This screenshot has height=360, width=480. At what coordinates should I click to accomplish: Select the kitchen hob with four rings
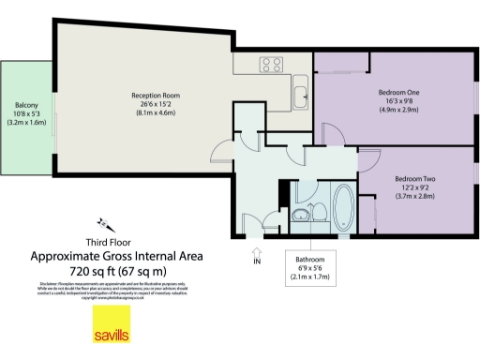click(273, 65)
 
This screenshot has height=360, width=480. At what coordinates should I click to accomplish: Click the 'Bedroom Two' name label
click(416, 178)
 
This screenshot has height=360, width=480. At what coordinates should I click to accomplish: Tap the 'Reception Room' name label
click(155, 95)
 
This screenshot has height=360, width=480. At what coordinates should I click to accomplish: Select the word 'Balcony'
click(27, 104)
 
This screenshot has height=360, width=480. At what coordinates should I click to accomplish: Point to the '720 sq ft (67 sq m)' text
click(117, 270)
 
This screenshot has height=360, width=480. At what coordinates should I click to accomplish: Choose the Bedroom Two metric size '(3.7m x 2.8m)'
click(416, 197)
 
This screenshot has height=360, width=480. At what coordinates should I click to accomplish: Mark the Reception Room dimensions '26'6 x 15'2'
click(155, 104)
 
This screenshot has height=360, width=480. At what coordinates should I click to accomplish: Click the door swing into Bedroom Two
click(368, 159)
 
